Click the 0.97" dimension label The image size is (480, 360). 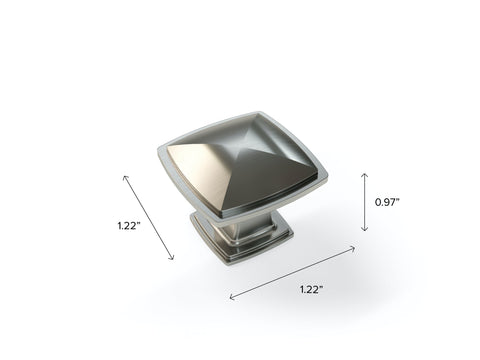(387, 202)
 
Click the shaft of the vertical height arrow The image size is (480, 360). (365, 202)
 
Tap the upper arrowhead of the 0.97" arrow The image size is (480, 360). (365, 175)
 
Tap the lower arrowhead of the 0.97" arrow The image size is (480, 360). (365, 229)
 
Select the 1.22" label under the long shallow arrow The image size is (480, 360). (311, 289)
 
